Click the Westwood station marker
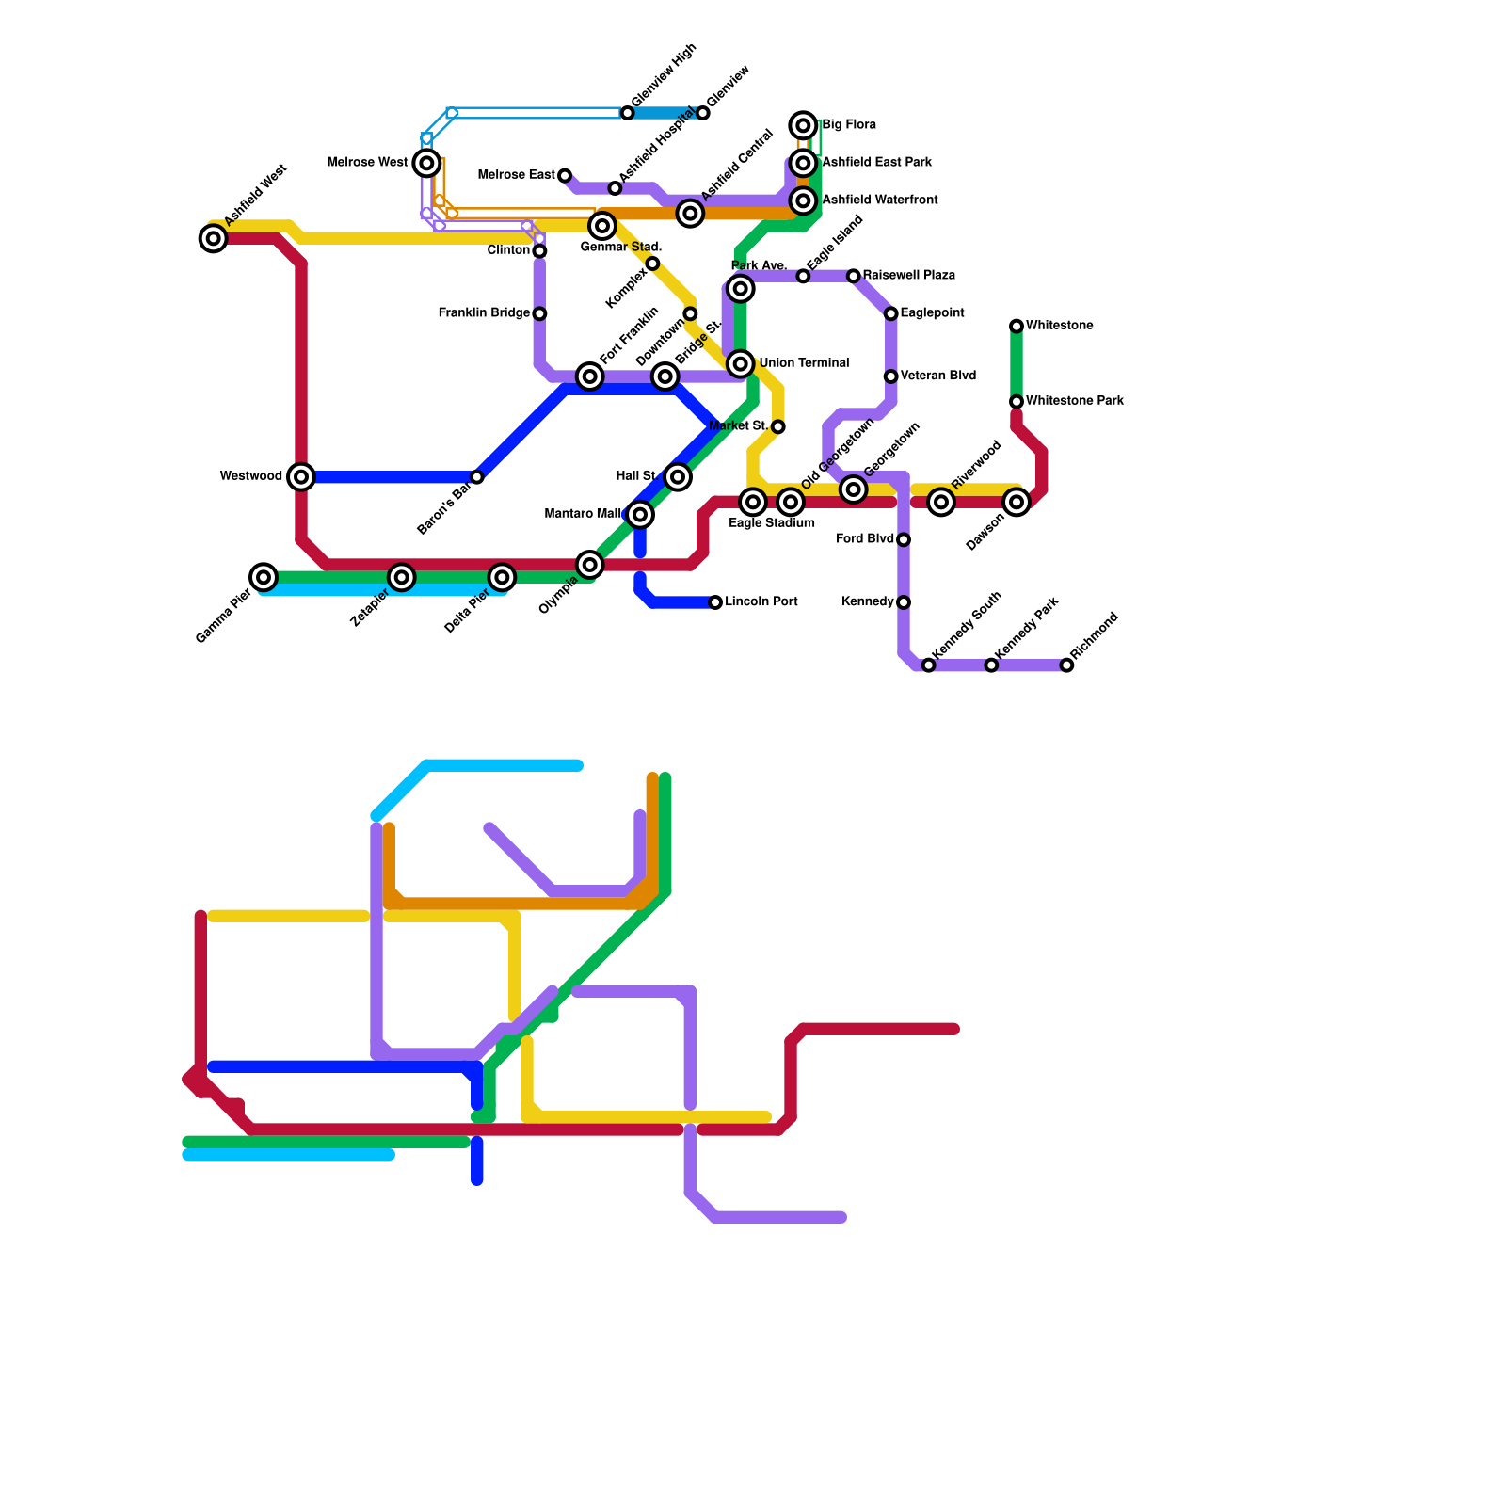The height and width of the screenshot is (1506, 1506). click(x=301, y=477)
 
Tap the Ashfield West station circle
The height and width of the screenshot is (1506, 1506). click(x=214, y=239)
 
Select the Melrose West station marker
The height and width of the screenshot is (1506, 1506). click(x=427, y=164)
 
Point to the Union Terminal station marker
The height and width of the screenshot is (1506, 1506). click(x=741, y=364)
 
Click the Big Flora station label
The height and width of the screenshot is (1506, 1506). click(x=849, y=125)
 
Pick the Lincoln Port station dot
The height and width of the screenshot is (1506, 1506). click(x=715, y=602)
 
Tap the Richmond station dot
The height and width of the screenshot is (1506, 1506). click(x=1066, y=665)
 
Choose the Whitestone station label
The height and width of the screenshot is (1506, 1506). click(x=1059, y=327)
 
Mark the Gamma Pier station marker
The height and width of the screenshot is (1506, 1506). click(x=264, y=577)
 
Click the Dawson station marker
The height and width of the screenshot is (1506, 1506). click(x=1017, y=503)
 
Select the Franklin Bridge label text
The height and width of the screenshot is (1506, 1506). click(x=484, y=313)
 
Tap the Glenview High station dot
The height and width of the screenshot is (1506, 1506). click(x=628, y=114)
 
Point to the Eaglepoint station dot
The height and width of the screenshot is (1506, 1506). click(x=890, y=313)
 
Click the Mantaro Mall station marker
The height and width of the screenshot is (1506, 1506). click(x=640, y=514)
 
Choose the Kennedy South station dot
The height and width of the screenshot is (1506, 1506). click(x=928, y=665)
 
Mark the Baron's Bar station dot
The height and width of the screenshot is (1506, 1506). click(x=477, y=477)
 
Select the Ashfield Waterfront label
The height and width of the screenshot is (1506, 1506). click(x=879, y=200)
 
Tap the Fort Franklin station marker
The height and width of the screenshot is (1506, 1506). click(x=590, y=377)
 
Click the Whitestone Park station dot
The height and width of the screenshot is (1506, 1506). click(x=1017, y=402)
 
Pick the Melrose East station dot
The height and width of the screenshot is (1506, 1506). click(x=565, y=176)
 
